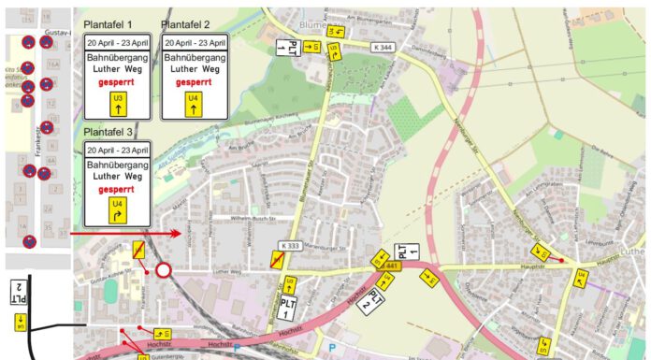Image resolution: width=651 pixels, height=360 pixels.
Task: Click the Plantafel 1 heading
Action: [x=108, y=24]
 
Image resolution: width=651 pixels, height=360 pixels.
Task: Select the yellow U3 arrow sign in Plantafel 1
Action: [x=117, y=104]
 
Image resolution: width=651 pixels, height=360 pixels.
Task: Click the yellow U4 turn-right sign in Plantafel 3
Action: [x=117, y=209]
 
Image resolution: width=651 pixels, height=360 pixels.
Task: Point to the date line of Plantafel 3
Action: [x=117, y=150]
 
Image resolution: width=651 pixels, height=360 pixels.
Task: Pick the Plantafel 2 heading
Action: [x=186, y=24]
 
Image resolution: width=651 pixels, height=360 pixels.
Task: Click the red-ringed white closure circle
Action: [x=164, y=271]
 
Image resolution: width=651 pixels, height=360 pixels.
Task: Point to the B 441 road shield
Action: [x=390, y=266]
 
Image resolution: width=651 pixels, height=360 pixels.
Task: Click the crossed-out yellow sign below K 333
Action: [x=277, y=262]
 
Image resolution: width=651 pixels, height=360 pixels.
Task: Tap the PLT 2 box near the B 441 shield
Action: [x=372, y=299]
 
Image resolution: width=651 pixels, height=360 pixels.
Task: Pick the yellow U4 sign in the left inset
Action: [x=20, y=324]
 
